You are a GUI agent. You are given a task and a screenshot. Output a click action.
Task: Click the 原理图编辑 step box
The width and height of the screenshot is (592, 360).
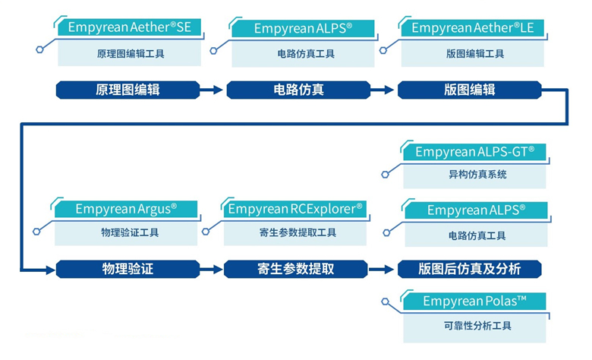tap(128, 90)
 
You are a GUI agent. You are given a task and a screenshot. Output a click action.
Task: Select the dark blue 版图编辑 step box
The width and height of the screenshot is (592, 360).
tap(470, 90)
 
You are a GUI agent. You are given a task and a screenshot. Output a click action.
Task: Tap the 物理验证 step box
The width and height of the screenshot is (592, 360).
tap(128, 269)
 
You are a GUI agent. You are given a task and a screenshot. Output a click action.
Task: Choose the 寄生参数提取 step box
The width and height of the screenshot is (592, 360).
tap(295, 269)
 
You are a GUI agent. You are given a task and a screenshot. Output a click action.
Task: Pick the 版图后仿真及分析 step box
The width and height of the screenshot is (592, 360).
tap(469, 269)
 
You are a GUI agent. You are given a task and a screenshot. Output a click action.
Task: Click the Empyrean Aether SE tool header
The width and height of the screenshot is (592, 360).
tap(130, 27)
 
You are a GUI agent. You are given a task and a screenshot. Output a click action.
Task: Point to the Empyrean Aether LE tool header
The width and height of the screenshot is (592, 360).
tap(473, 28)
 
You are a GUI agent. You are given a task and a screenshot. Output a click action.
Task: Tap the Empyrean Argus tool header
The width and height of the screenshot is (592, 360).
tap(126, 208)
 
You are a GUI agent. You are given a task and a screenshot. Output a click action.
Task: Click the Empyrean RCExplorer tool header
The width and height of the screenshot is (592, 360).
tap(295, 208)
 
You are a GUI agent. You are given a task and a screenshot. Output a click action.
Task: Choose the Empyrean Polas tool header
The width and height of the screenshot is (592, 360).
tap(474, 302)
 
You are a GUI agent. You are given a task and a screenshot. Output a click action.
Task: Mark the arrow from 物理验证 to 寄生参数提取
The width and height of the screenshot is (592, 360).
tap(212, 269)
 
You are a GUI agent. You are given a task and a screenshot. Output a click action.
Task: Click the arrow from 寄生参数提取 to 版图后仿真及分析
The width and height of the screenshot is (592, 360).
tap(383, 269)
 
